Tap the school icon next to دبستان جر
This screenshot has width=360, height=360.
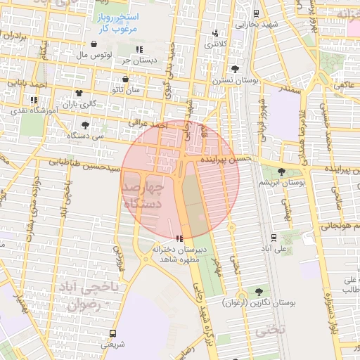coord(139,49)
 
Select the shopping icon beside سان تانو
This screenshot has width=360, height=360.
coord(124,79)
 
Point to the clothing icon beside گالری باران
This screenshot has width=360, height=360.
coord(78,93)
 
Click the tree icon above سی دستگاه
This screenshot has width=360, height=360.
coord(85,124)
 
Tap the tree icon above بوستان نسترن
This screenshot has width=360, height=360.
coord(235,69)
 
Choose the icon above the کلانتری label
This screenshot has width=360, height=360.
coord(216,33)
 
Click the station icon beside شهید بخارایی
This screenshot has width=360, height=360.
coord(255,13)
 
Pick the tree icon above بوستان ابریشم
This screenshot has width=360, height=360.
coord(281,171)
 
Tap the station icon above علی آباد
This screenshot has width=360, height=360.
coord(273,237)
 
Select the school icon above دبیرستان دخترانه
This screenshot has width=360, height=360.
coord(180,238)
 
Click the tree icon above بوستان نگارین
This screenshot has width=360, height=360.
coord(260,291)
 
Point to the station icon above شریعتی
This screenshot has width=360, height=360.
coord(112,333)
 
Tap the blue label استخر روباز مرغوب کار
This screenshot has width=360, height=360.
coord(118,22)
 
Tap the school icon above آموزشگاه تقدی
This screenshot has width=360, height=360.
coord(34,100)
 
